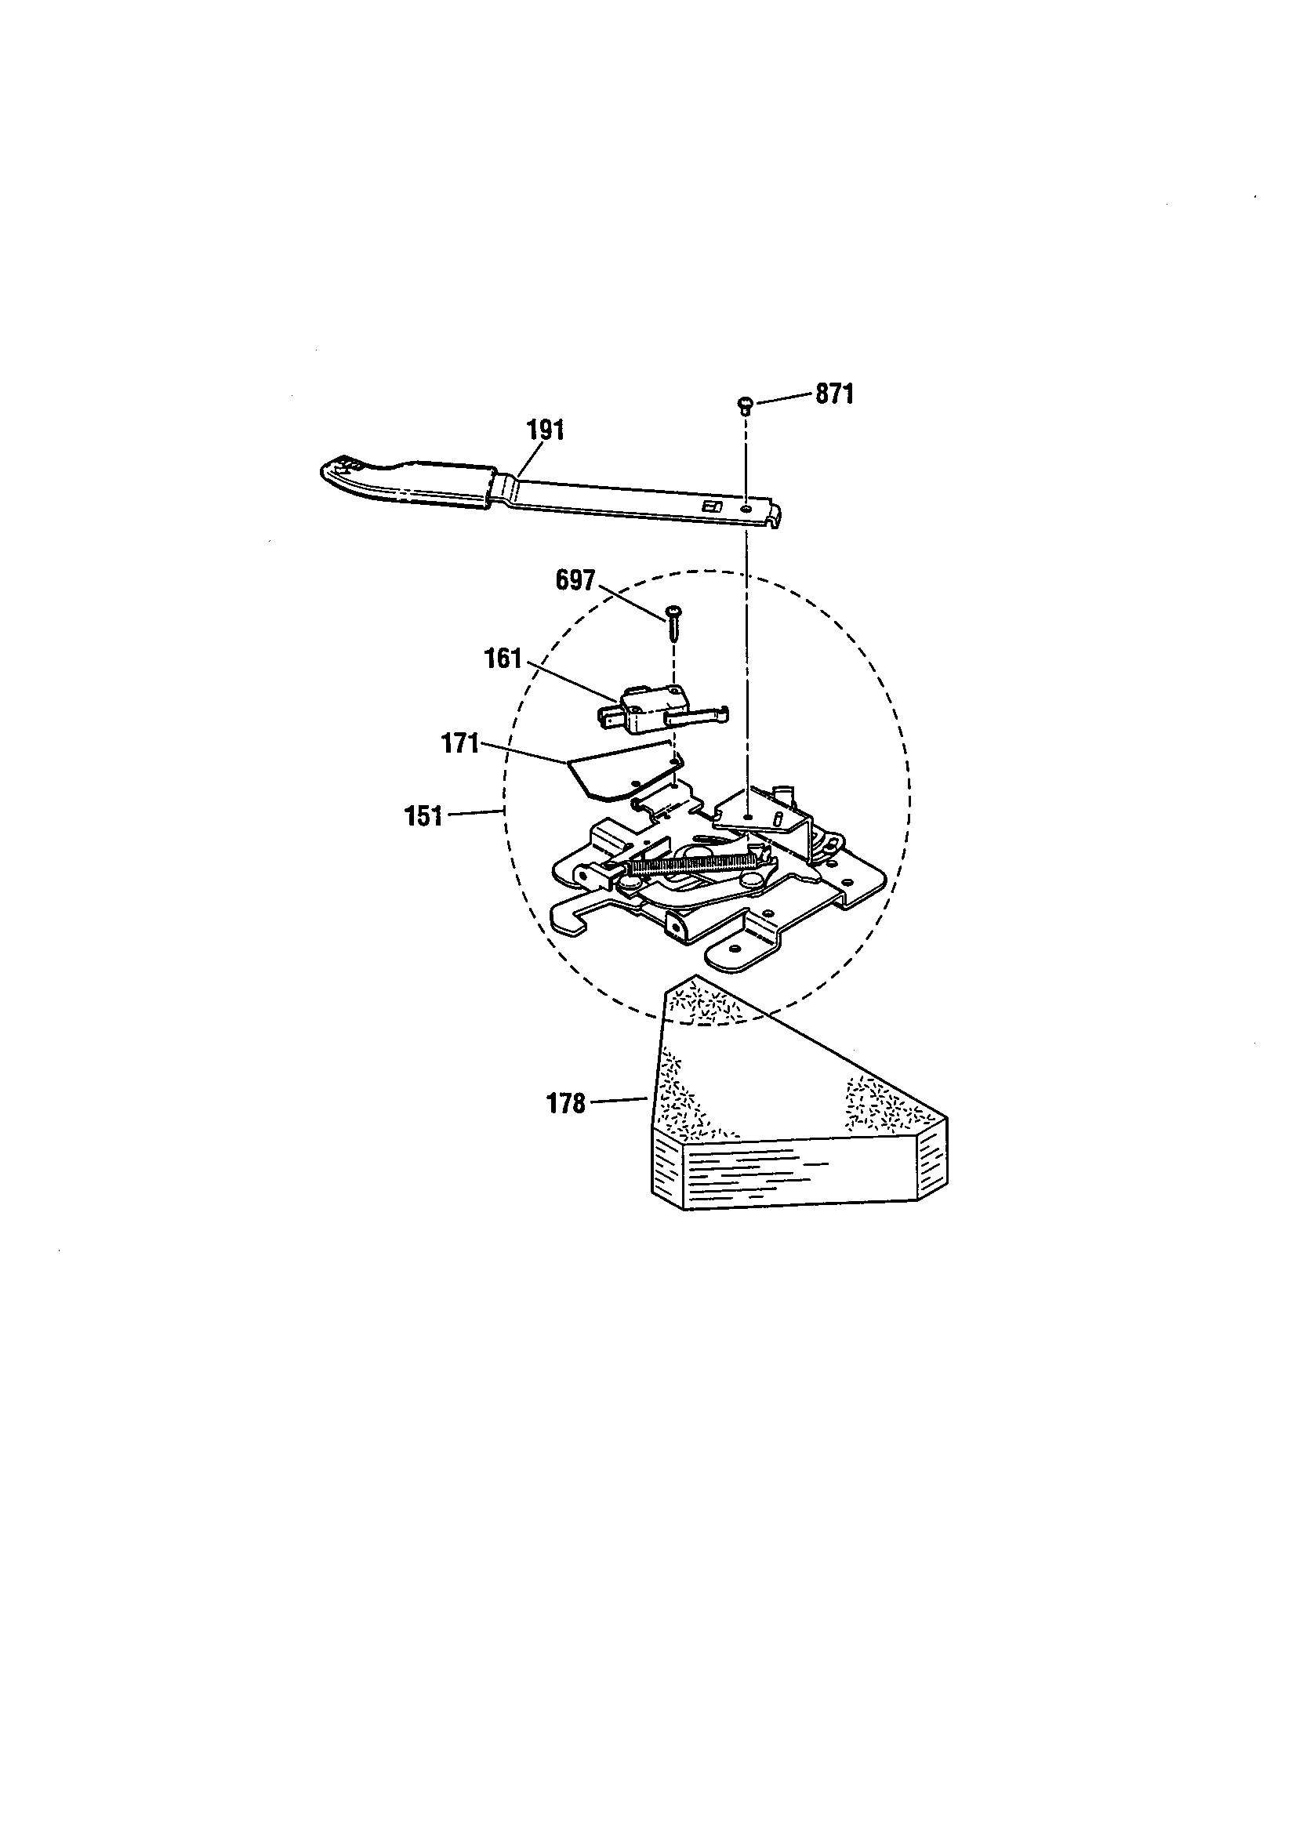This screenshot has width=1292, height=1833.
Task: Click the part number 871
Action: pos(834,394)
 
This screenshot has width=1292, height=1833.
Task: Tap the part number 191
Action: pos(546,430)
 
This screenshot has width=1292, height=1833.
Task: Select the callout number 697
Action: pos(575,580)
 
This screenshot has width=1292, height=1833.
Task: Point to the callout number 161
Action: pos(503,659)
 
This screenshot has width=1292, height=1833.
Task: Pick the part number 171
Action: pos(461,744)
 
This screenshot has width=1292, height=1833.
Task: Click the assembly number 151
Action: pos(424,817)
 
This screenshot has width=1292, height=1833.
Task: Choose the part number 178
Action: pos(566,1104)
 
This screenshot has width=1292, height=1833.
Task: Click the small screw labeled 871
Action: pos(744,405)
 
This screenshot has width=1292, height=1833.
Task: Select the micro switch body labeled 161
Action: pos(647,708)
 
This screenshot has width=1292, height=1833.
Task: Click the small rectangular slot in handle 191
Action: pos(709,506)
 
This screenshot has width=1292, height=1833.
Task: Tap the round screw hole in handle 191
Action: pos(745,508)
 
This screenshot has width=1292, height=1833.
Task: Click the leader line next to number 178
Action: pos(618,1102)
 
